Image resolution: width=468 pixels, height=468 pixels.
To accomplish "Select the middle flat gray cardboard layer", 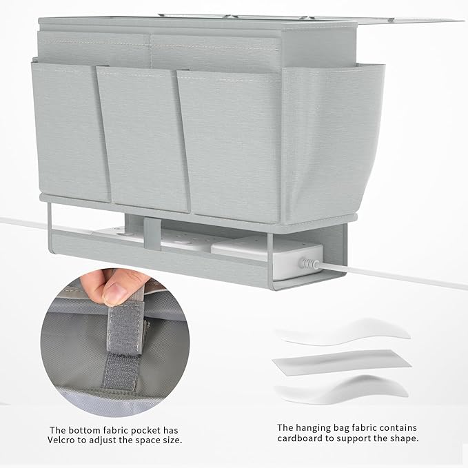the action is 342,362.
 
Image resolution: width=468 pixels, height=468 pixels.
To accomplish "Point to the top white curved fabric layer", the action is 343,332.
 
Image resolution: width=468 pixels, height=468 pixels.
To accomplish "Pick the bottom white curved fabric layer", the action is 342,389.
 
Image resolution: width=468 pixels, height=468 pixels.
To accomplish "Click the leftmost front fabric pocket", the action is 70,132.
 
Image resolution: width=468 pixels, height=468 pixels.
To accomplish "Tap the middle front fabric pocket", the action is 143,139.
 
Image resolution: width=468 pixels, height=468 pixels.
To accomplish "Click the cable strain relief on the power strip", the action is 308,263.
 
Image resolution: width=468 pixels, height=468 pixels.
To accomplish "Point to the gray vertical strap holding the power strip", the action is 152,234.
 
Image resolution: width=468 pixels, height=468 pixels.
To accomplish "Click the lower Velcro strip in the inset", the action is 121,371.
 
